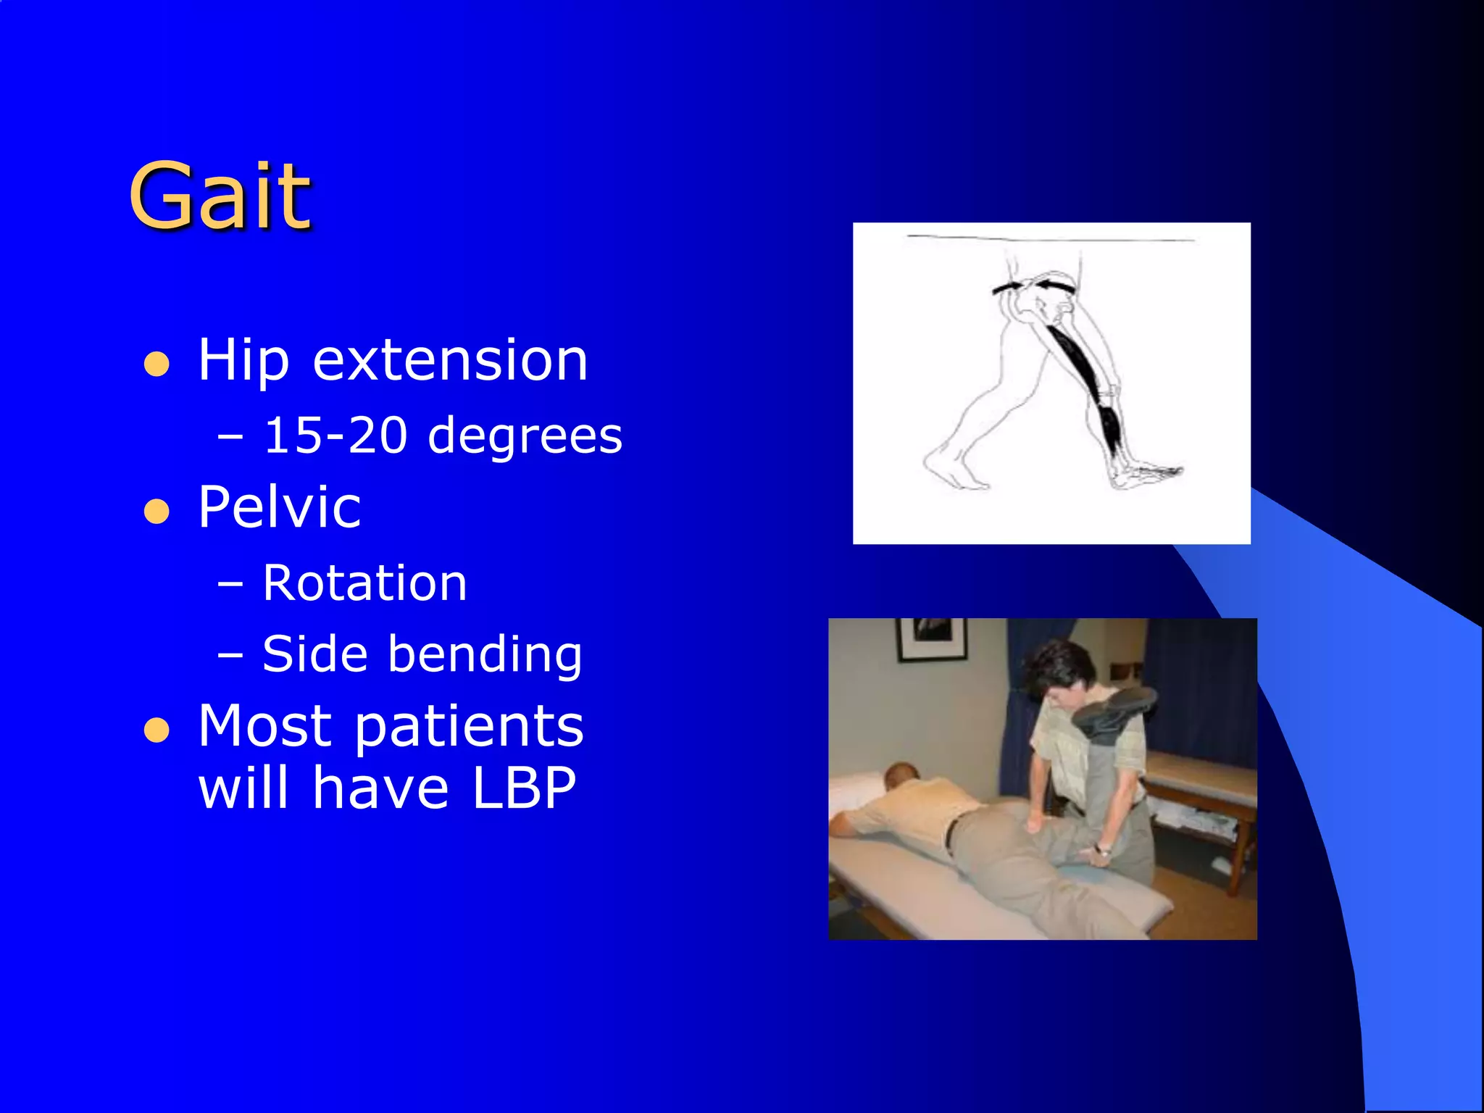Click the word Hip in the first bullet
243,360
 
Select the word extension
450,360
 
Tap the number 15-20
335,436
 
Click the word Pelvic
279,507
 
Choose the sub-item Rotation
364,583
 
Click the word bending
485,654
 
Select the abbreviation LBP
524,788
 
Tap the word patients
469,726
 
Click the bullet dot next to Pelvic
157,511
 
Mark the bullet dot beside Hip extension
157,364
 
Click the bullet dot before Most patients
157,730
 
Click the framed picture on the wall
932,638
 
